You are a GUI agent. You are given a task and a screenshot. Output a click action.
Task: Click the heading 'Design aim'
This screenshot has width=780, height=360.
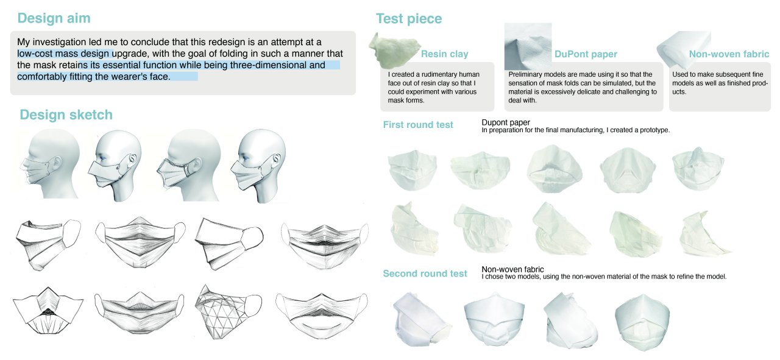[54, 18]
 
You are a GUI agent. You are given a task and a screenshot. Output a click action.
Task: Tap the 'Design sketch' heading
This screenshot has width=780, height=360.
[66, 115]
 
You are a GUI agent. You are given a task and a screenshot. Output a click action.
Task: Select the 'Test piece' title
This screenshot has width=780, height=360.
[409, 18]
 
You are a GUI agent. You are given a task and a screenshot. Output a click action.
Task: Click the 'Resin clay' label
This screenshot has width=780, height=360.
[444, 54]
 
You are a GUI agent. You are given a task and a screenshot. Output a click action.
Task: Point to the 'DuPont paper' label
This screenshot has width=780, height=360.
[586, 54]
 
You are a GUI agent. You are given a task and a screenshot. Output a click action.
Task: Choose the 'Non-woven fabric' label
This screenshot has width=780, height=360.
[729, 54]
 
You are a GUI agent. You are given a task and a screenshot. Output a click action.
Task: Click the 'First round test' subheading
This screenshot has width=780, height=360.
[418, 125]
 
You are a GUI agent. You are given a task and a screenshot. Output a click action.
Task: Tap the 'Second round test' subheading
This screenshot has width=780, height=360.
[425, 274]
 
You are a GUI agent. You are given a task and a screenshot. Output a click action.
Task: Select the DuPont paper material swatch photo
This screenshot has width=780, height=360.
[528, 46]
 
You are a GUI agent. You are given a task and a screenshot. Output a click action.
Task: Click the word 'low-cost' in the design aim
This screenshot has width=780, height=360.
[34, 54]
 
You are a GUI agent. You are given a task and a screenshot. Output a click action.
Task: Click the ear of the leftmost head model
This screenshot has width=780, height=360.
[55, 163]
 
